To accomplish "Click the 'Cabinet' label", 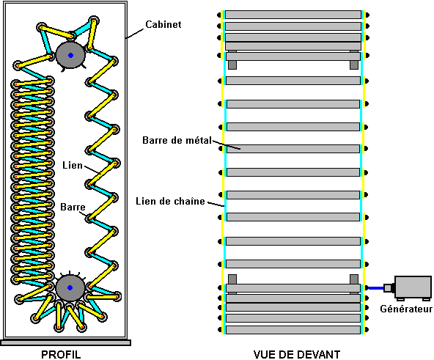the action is (x=163, y=25).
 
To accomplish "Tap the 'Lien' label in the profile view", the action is (x=73, y=165).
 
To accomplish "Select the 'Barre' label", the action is (x=73, y=207).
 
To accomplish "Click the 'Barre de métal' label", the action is (x=177, y=140).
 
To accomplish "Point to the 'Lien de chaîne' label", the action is (x=170, y=201).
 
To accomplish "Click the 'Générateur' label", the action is (x=406, y=309).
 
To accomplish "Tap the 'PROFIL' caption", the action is (x=61, y=354).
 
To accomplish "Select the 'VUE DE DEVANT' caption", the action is (x=297, y=354).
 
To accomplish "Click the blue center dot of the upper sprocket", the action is (x=70, y=56).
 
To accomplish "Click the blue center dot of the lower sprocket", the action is (x=70, y=287).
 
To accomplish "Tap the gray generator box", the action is (x=413, y=287).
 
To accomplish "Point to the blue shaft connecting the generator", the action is (x=376, y=288).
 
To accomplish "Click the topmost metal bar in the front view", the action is (x=293, y=15).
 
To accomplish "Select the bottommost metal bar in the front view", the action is (x=293, y=330).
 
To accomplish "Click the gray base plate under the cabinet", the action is (x=65, y=343).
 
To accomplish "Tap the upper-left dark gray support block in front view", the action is (x=232, y=65).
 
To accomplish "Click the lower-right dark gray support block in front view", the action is (x=354, y=279).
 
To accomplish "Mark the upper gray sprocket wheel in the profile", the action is (x=70, y=56).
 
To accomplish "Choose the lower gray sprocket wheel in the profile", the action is (x=70, y=287).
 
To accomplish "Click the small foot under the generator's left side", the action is (x=400, y=299).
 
